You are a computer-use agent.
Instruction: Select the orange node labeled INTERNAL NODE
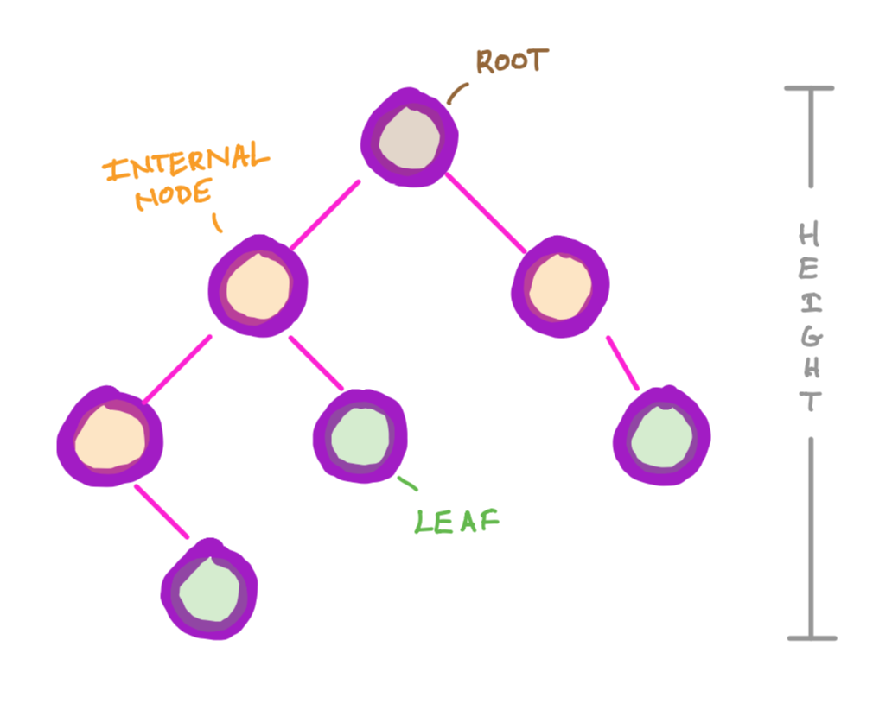258,284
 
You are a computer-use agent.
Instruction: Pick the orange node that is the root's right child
561,286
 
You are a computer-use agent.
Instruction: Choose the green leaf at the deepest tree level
208,590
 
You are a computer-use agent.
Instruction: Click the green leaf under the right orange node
661,437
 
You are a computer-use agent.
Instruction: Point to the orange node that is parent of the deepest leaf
109,436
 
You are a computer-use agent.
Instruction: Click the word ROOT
512,61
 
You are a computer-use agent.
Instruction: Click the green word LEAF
456,521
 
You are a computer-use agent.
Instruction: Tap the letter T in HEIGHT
809,402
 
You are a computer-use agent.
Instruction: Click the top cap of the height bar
809,88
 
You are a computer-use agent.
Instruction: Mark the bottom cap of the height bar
811,638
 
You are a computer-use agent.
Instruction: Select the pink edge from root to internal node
324,215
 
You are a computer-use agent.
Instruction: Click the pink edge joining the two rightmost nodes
622,363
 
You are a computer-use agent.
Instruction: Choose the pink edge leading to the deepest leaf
162,511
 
